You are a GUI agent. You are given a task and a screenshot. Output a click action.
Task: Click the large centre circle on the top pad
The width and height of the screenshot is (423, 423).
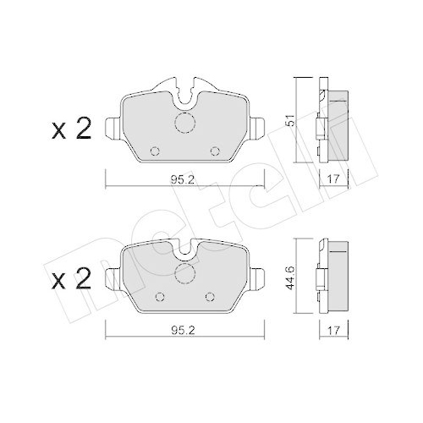(x=184, y=124)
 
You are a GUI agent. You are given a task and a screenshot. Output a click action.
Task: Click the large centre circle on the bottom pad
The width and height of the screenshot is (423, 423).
(x=184, y=274)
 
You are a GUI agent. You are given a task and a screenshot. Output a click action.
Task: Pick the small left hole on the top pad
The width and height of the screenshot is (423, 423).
(x=154, y=152)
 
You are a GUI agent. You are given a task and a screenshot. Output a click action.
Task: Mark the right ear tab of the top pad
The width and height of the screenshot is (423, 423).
(x=257, y=129)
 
